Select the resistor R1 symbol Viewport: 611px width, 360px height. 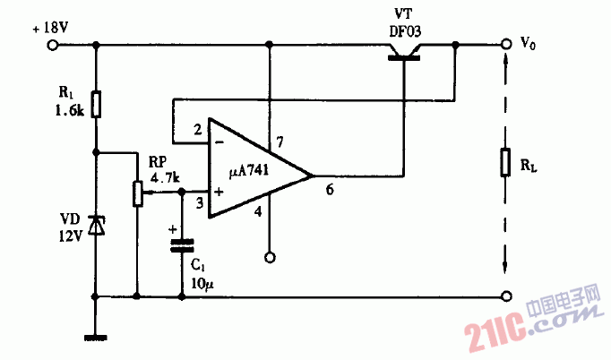(97, 104)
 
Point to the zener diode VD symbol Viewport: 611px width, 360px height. (97, 225)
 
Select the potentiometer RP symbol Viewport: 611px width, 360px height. (137, 193)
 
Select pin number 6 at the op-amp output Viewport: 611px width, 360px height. (330, 190)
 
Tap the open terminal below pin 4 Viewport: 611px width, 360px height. (269, 258)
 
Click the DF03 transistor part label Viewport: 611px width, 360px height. (405, 30)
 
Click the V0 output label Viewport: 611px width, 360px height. (529, 42)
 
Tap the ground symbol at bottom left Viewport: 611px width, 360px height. (97, 338)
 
